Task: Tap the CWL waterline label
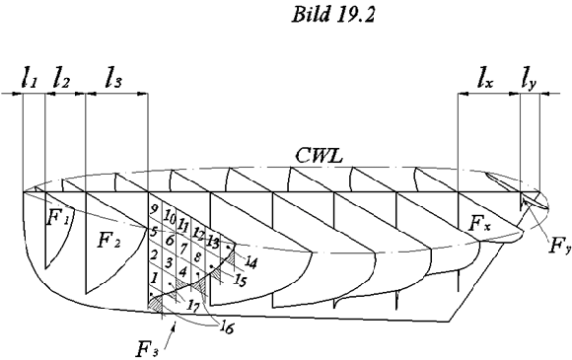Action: [318, 154]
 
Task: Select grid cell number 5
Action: [153, 233]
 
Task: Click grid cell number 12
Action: [200, 234]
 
